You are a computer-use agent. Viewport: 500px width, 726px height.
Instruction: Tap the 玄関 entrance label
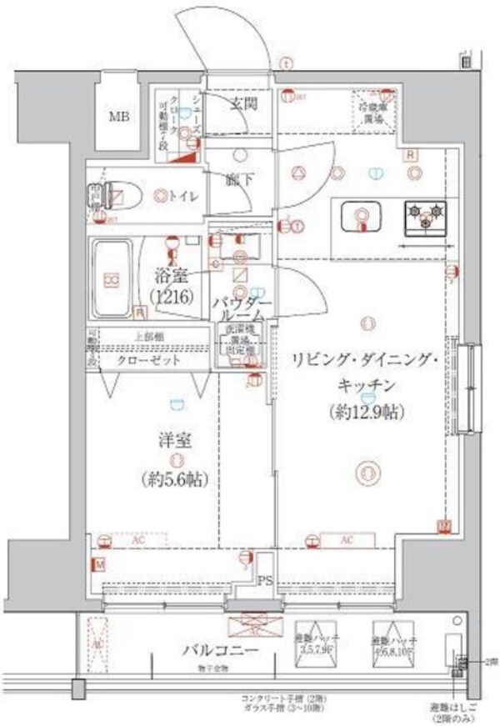click(242, 104)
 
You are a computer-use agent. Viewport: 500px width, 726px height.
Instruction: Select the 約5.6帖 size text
click(175, 481)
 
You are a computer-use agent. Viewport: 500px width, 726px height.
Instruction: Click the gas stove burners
click(426, 218)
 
